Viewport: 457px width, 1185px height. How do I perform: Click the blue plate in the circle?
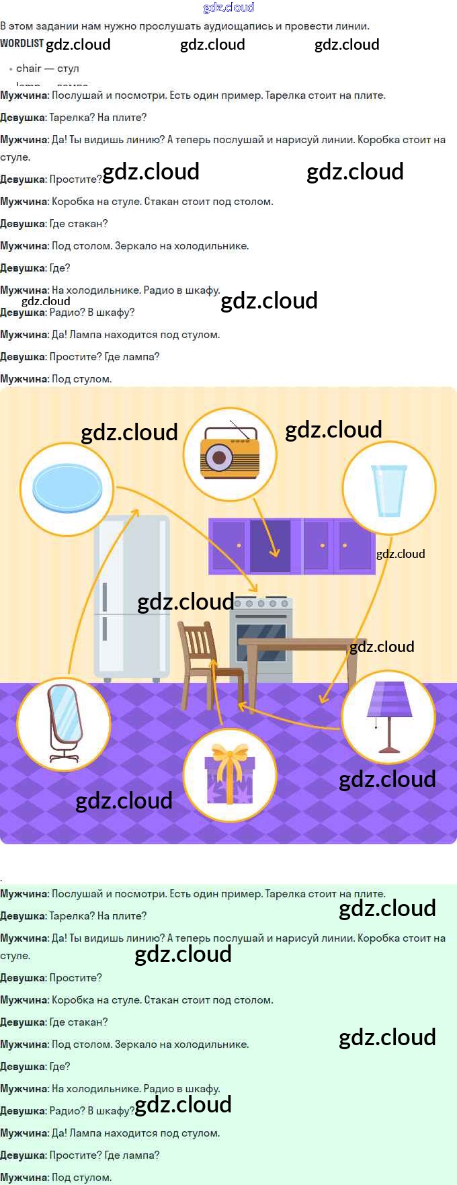pos(67,488)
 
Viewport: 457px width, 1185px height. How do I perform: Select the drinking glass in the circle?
pos(389,490)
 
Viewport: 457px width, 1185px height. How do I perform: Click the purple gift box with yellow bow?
pos(230,776)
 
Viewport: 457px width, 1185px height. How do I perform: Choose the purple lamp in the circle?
pos(389,715)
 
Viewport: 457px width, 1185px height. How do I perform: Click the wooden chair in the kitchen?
pos(205,661)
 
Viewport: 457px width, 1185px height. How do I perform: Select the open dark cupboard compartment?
pos(270,545)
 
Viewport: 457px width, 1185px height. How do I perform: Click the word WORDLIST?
pos(22,44)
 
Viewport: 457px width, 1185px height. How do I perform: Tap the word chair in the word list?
pos(28,68)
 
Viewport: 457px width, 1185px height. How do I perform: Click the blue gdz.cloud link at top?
pos(229,7)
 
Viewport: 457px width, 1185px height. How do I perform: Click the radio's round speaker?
pos(218,458)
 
